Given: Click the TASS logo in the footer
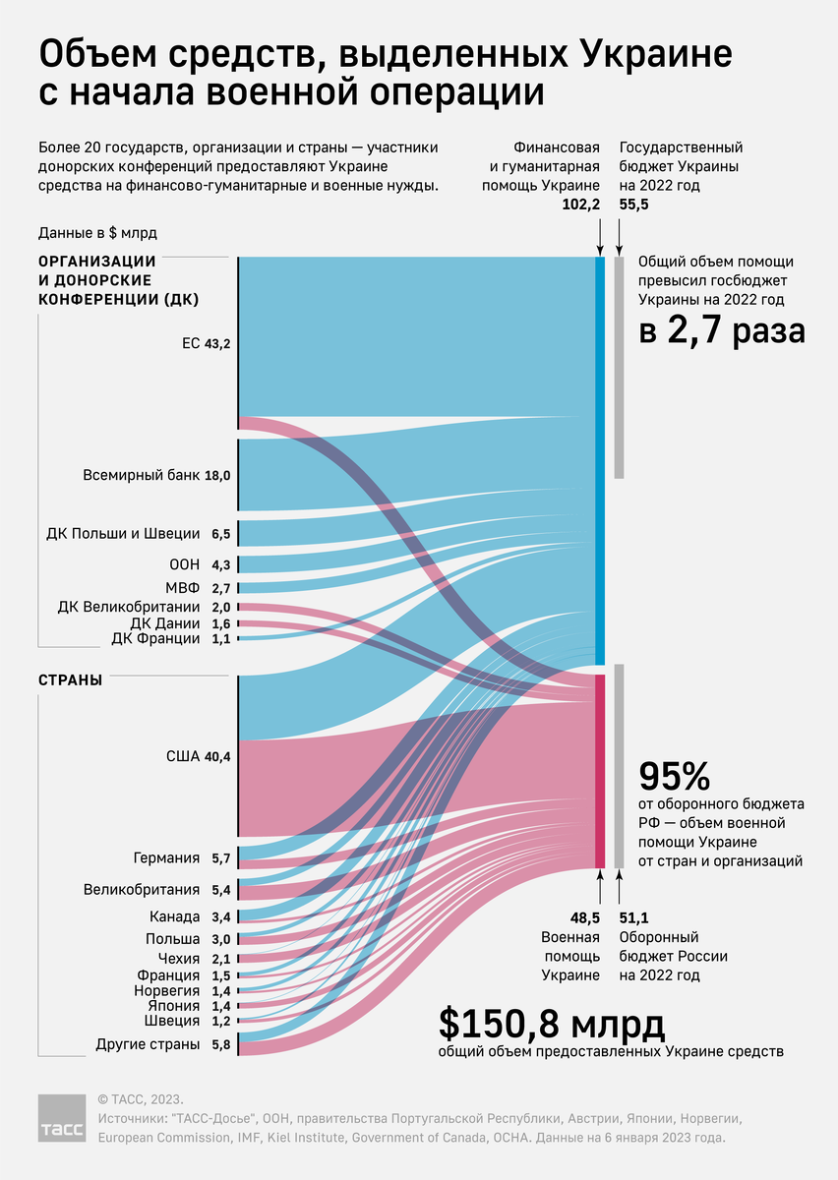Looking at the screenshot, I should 62,1118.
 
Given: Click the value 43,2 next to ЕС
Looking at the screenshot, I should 217,343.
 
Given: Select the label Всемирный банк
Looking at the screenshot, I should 143,476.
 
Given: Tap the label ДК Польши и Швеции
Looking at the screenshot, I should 123,534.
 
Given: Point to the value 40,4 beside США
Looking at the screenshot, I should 217,756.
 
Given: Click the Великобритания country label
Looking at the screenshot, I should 142,890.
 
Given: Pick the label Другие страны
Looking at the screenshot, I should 148,1043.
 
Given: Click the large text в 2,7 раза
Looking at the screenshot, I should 722,330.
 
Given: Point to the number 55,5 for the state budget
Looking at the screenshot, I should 634,205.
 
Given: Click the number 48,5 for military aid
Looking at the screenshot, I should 583,918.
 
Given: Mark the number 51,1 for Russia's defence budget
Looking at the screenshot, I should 634,918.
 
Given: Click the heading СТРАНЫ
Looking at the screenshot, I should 70,679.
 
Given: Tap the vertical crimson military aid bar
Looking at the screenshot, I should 599,772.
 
